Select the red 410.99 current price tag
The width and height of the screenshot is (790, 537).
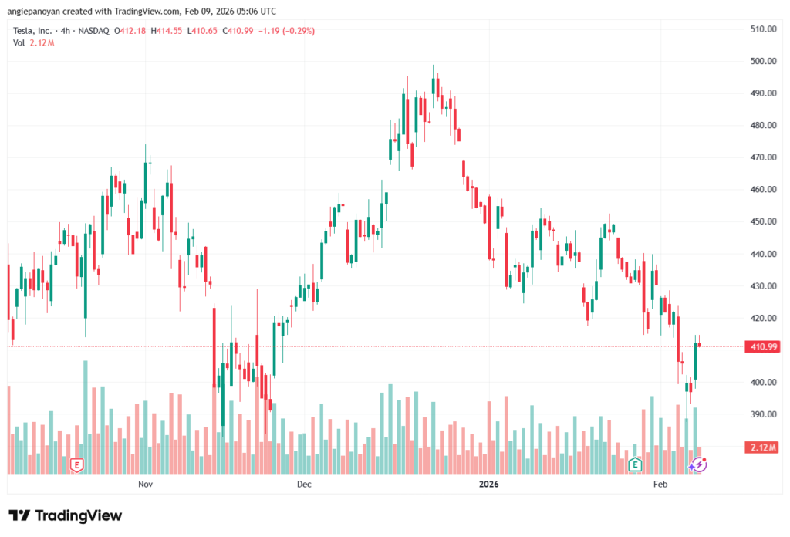click(x=762, y=347)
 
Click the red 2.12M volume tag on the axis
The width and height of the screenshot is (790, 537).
click(x=762, y=447)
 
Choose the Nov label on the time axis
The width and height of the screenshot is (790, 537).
click(x=145, y=485)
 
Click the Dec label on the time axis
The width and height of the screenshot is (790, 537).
click(x=303, y=485)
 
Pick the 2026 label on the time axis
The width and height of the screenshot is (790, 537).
click(x=488, y=485)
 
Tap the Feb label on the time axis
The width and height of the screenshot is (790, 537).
click(x=660, y=485)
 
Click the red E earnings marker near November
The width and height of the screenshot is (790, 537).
click(x=76, y=464)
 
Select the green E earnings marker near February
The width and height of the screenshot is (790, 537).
click(x=635, y=464)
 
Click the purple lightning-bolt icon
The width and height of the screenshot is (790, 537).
click(x=698, y=464)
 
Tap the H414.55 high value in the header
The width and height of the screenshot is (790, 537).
click(x=166, y=31)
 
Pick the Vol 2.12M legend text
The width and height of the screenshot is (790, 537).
click(x=33, y=42)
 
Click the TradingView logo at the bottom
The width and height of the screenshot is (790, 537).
click(x=65, y=515)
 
